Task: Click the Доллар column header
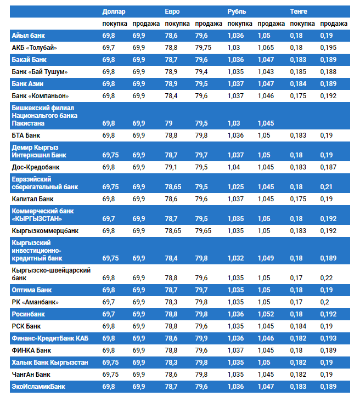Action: point(114,12)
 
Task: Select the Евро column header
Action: point(172,12)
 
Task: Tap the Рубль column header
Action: point(237,12)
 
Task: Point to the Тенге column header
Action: point(299,12)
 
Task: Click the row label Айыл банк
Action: point(29,36)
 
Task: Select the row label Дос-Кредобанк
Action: point(36,167)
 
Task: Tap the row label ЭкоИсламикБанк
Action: point(38,387)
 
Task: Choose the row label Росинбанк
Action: point(29,314)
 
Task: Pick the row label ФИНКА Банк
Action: point(32,350)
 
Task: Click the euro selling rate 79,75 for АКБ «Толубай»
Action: point(204,48)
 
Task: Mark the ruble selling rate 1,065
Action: point(266,48)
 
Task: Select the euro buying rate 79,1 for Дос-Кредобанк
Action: point(171,167)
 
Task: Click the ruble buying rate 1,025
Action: point(235,187)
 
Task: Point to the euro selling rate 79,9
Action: point(201,338)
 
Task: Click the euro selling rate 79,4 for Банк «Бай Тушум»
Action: point(201,72)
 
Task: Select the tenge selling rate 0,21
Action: point(326,187)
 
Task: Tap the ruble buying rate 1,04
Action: point(233,167)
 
